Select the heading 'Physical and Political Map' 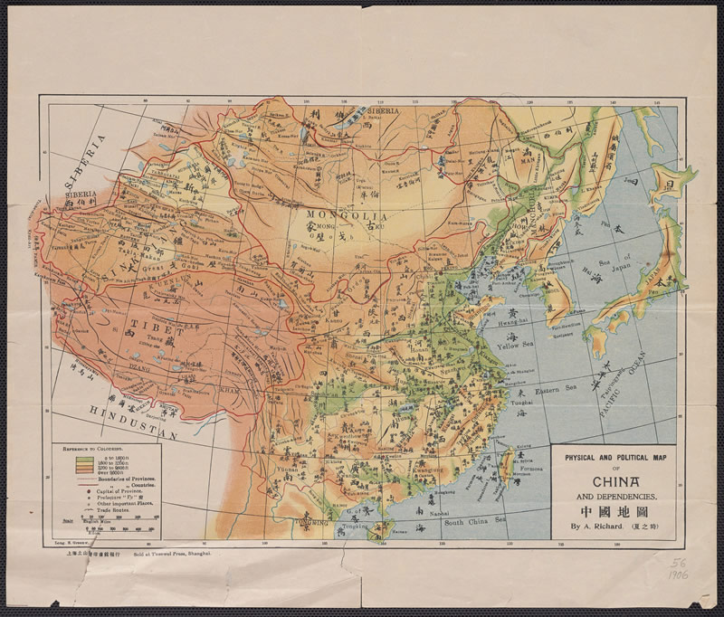point(614,455)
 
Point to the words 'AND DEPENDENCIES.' point(614,497)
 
